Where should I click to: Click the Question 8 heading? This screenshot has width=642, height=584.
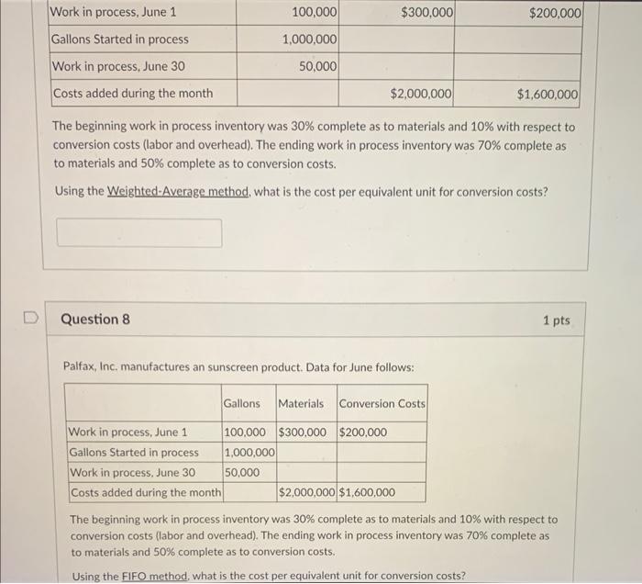(95, 320)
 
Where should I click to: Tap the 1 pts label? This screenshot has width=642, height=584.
(556, 320)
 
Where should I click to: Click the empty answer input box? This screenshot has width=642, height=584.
(139, 232)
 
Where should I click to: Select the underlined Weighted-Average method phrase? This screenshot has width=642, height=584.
(181, 192)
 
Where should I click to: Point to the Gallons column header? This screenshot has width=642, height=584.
(241, 403)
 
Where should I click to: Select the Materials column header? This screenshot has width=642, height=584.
(301, 403)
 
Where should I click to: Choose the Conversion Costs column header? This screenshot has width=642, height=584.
(382, 403)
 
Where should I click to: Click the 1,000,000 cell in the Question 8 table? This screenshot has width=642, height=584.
(249, 453)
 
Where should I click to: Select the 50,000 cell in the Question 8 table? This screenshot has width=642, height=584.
(241, 472)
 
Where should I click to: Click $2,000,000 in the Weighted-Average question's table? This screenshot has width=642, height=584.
(421, 94)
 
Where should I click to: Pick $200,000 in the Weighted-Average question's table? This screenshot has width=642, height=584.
(555, 13)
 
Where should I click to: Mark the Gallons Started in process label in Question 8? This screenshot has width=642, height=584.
(134, 453)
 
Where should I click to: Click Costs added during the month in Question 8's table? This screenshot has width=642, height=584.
(146, 492)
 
